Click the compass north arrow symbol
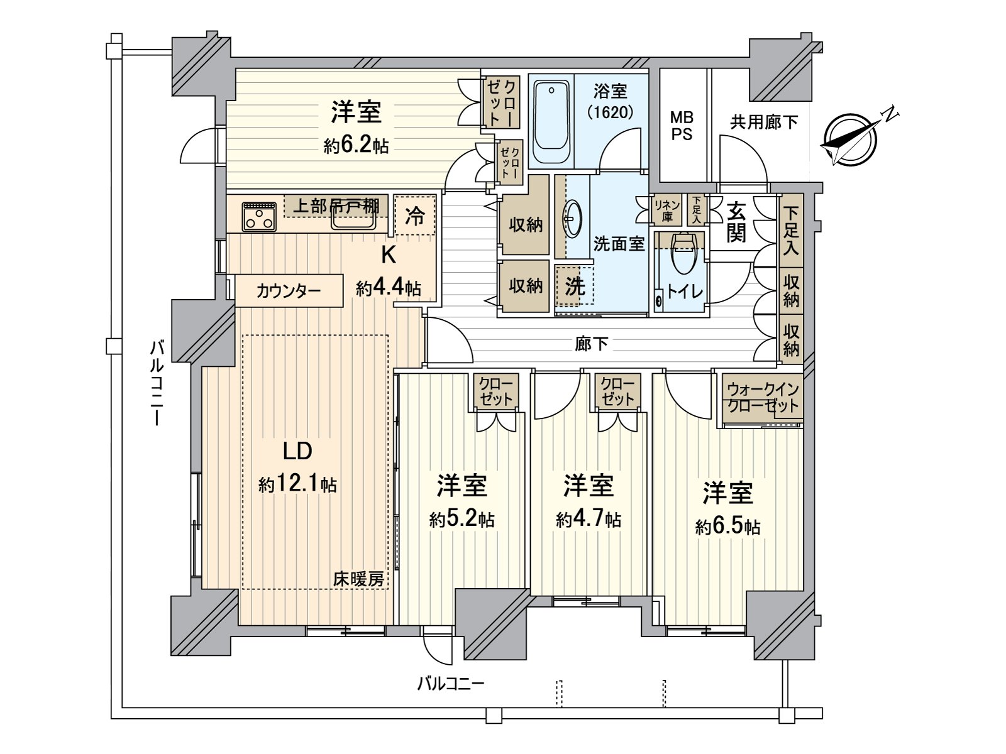point(850,140)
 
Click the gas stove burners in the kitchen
point(258,217)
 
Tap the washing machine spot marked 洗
point(574,286)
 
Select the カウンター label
point(288,291)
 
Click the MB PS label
point(682,125)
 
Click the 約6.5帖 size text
point(727,527)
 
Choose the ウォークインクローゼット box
point(761,398)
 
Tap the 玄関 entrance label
point(736,222)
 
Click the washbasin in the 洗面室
point(573,218)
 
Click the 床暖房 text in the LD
point(358,579)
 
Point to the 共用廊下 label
point(763,122)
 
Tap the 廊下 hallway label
point(591,343)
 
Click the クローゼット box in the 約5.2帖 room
point(495,391)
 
